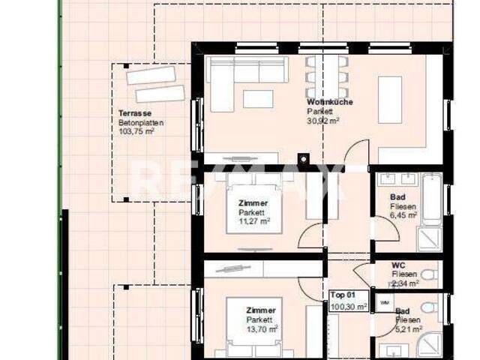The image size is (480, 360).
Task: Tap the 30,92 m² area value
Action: point(323,120)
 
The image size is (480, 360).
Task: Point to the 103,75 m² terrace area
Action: point(136,131)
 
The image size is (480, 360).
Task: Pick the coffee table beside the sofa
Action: point(257,99)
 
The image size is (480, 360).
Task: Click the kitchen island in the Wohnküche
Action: point(388,98)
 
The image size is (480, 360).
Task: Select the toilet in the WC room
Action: point(429,274)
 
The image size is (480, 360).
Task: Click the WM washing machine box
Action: point(385,302)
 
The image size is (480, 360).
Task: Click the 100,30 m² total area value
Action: point(349,306)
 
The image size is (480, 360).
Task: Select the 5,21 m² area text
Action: point(406,328)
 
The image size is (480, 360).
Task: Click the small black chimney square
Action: point(303,158)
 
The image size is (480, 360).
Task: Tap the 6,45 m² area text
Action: point(404,215)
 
